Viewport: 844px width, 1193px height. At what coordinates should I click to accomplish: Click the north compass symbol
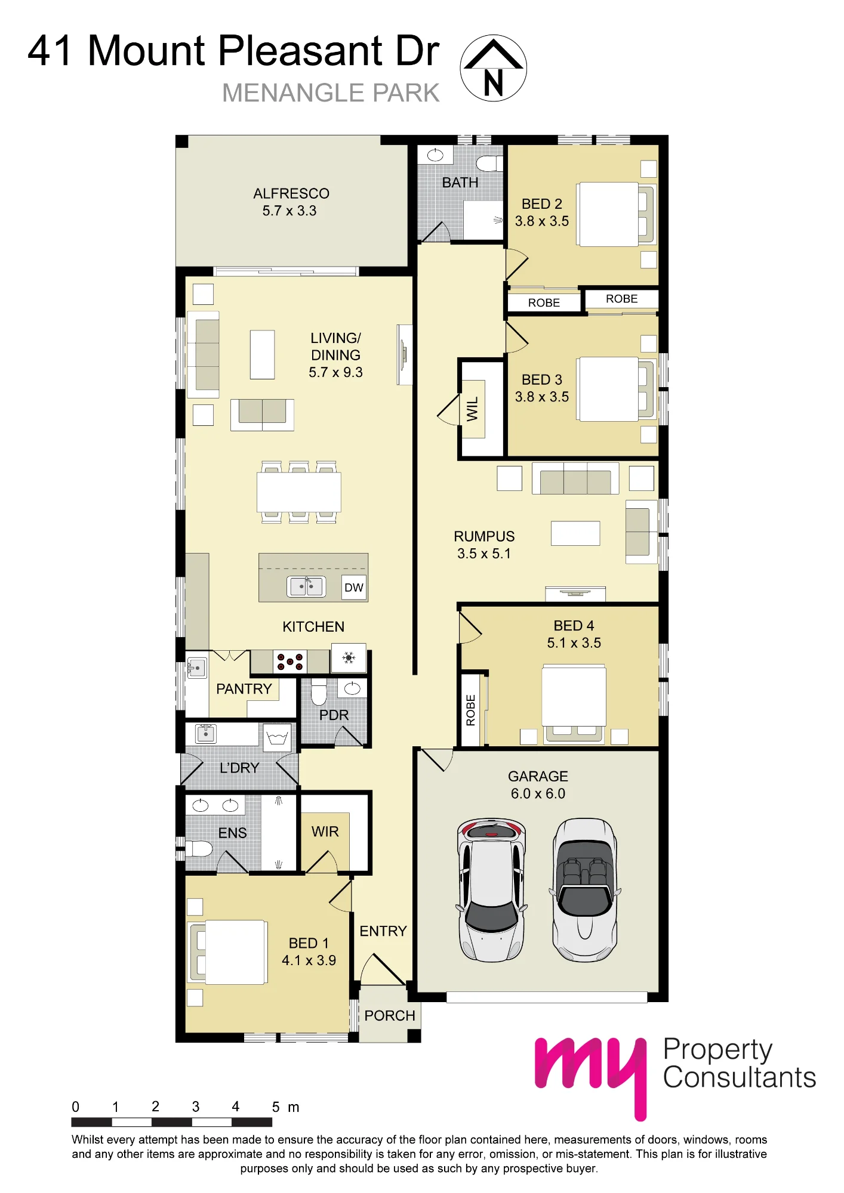point(493,68)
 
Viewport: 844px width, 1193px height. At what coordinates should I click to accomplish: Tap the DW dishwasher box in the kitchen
point(354,588)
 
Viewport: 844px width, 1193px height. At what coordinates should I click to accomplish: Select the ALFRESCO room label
point(291,193)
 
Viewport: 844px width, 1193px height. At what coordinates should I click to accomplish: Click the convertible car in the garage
point(585,890)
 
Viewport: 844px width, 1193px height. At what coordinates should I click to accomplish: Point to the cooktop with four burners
point(290,662)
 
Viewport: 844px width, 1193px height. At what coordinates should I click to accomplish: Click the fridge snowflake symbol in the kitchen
point(349,658)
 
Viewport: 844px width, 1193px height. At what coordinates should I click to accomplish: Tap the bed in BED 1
point(227,952)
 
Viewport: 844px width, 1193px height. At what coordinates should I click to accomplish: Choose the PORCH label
point(390,1015)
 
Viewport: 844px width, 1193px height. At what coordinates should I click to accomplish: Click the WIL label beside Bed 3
point(472,409)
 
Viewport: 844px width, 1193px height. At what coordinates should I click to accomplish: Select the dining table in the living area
point(299,492)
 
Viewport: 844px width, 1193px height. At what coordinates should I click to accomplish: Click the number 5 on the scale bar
point(276,1107)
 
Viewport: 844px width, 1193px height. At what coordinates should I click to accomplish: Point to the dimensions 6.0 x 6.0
point(538,793)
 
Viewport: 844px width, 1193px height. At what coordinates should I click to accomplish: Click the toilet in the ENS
point(199,848)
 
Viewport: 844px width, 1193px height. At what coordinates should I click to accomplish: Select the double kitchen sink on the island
point(306,586)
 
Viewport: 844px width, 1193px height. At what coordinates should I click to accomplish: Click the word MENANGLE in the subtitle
point(293,93)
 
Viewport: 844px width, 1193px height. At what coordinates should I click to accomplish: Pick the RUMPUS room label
point(484,536)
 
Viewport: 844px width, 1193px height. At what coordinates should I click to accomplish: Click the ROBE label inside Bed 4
point(470,710)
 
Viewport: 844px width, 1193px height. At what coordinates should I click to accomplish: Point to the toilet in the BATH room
point(489,163)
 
